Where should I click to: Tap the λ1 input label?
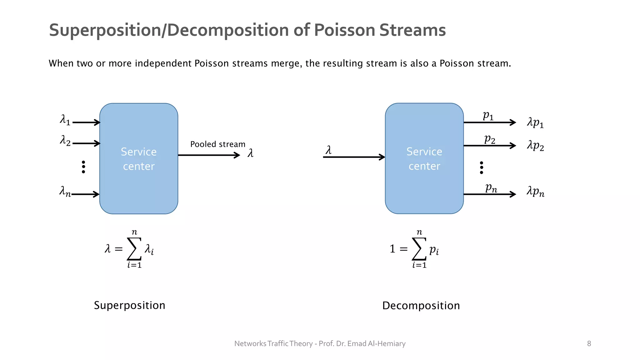[65, 120]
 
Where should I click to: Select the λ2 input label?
[65, 141]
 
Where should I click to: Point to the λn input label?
[65, 191]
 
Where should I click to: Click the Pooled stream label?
[218, 144]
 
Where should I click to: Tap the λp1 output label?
[535, 122]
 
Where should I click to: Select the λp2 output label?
[535, 146]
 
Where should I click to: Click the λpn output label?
[535, 191]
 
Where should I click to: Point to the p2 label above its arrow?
[490, 139]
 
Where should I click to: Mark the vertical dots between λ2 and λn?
[83, 167]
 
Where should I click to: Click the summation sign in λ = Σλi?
[134, 249]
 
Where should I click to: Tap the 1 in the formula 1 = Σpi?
[392, 249]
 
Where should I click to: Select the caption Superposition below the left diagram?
[129, 305]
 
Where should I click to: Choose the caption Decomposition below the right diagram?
[421, 306]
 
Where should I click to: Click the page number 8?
[589, 344]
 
